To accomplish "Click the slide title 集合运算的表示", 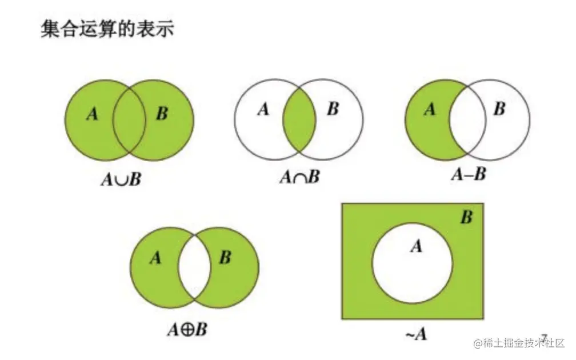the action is [107, 29].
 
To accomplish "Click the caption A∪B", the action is [121, 179].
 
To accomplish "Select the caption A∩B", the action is [299, 178].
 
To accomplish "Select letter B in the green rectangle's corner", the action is [467, 218].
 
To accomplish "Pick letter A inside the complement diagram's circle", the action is [417, 246].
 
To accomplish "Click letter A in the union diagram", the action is [91, 114].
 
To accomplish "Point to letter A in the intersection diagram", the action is [263, 109].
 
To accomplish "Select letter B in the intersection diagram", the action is [333, 109].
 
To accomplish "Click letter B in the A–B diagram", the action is [499, 109].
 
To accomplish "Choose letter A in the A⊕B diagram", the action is [155, 258].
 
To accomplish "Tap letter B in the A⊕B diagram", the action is [225, 258].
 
